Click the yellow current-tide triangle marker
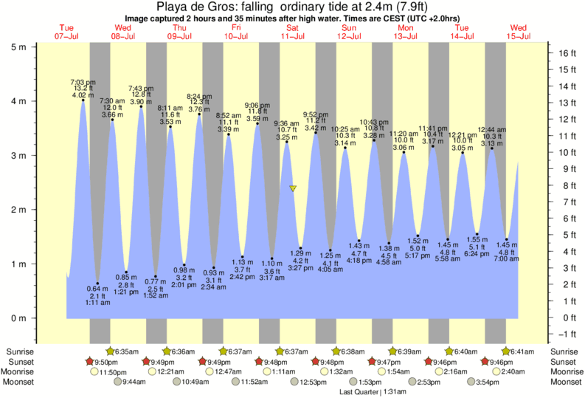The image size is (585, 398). pyautogui.click(x=293, y=189)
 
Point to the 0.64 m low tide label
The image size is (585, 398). pyautogui.click(x=97, y=288)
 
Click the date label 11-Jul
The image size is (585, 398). pyautogui.click(x=293, y=35)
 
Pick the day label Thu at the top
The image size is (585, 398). pyautogui.click(x=179, y=27)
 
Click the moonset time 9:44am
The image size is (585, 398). pyautogui.click(x=134, y=382)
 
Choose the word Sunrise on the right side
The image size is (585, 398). pyautogui.click(x=564, y=351)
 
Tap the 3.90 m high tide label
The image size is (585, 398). pyautogui.click(x=141, y=101)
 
